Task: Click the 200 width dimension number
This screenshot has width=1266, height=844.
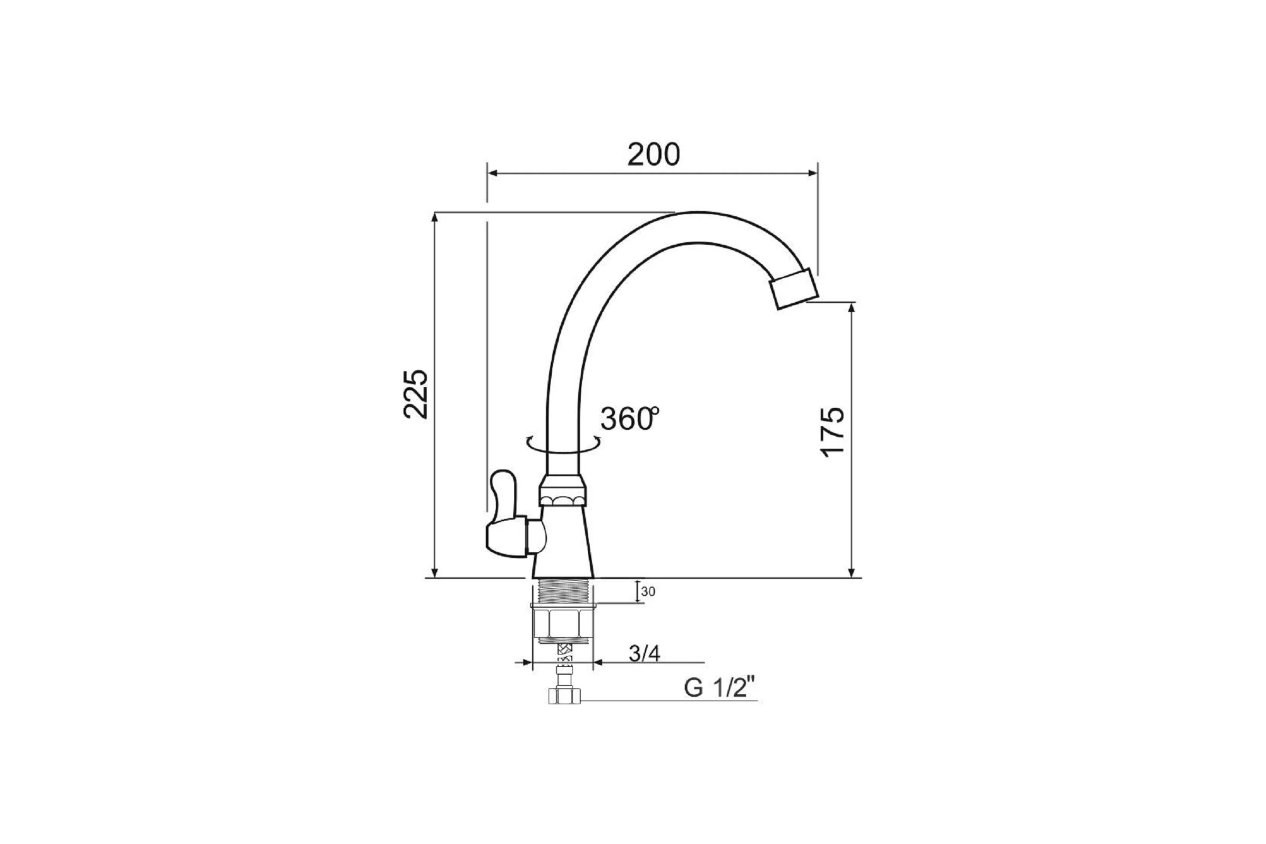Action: click(654, 155)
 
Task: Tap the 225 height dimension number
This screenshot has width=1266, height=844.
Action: click(416, 394)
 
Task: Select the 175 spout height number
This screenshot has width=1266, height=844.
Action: click(833, 431)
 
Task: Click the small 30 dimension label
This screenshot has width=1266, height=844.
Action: click(648, 591)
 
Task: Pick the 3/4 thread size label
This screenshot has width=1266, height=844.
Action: click(644, 654)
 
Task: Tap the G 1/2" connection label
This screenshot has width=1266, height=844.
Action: click(720, 688)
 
